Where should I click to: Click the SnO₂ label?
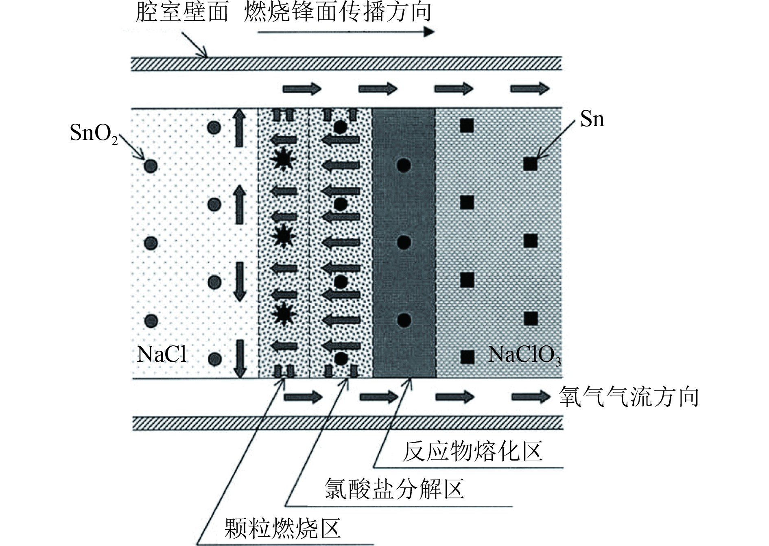[94, 133]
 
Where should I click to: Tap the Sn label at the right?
[592, 119]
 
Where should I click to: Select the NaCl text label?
[162, 354]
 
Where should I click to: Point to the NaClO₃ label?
[524, 355]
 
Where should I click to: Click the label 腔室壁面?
[181, 12]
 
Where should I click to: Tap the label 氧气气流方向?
[629, 397]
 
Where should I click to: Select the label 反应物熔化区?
[472, 452]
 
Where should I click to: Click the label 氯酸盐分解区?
[394, 489]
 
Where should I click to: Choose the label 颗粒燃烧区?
[282, 528]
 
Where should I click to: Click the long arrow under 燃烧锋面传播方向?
[346, 32]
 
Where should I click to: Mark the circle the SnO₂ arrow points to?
[151, 166]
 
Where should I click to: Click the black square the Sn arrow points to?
[531, 164]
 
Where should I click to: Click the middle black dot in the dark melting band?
[404, 242]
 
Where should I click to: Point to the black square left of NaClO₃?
[467, 357]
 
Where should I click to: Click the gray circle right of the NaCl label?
[214, 359]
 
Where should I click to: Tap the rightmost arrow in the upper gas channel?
[530, 88]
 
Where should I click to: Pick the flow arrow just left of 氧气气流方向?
[531, 397]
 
